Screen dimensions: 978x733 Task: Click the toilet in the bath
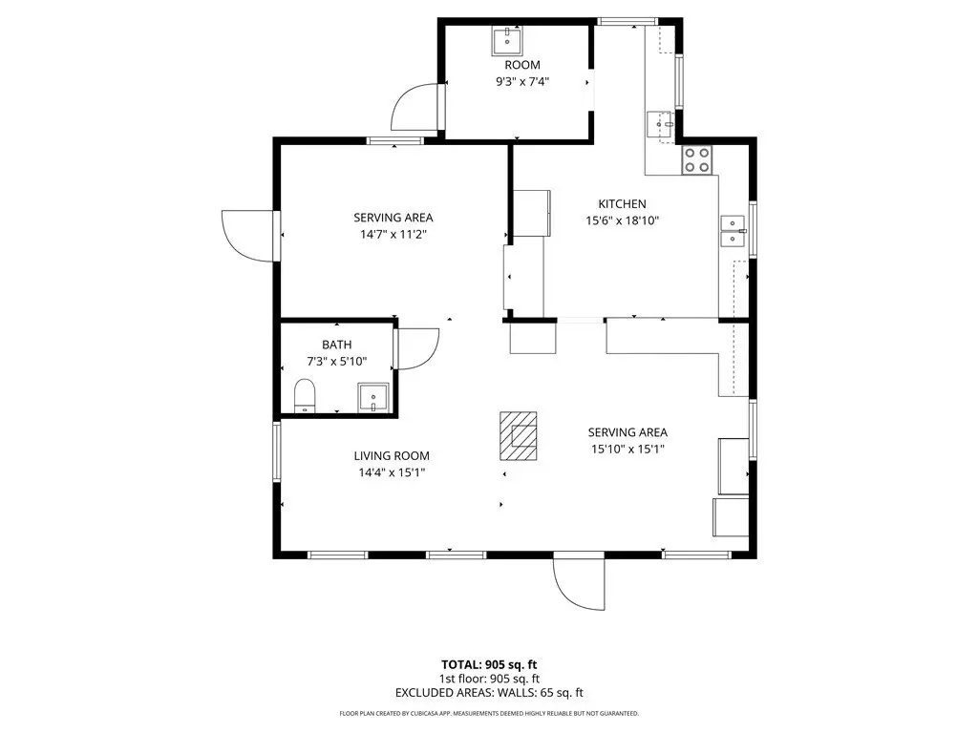[305, 395]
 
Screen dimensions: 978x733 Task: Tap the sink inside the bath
[373, 397]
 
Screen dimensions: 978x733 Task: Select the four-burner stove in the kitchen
[696, 159]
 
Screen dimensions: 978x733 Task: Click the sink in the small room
[507, 41]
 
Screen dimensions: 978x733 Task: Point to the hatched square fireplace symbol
[519, 435]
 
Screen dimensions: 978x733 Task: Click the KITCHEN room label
[622, 204]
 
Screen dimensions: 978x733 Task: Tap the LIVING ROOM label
[392, 455]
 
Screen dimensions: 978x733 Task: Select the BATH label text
[337, 345]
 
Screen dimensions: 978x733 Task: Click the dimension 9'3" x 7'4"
[522, 81]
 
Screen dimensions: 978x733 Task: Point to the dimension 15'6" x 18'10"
[623, 220]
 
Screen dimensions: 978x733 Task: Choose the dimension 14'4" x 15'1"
[392, 472]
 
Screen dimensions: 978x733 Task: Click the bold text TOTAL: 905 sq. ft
[489, 664]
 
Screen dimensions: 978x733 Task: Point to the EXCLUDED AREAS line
[489, 693]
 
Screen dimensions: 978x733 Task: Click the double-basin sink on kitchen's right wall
[733, 231]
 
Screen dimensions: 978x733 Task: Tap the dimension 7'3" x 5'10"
[337, 362]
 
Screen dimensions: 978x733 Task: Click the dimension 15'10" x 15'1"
[628, 449]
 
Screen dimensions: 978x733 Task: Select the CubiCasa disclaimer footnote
[489, 713]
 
